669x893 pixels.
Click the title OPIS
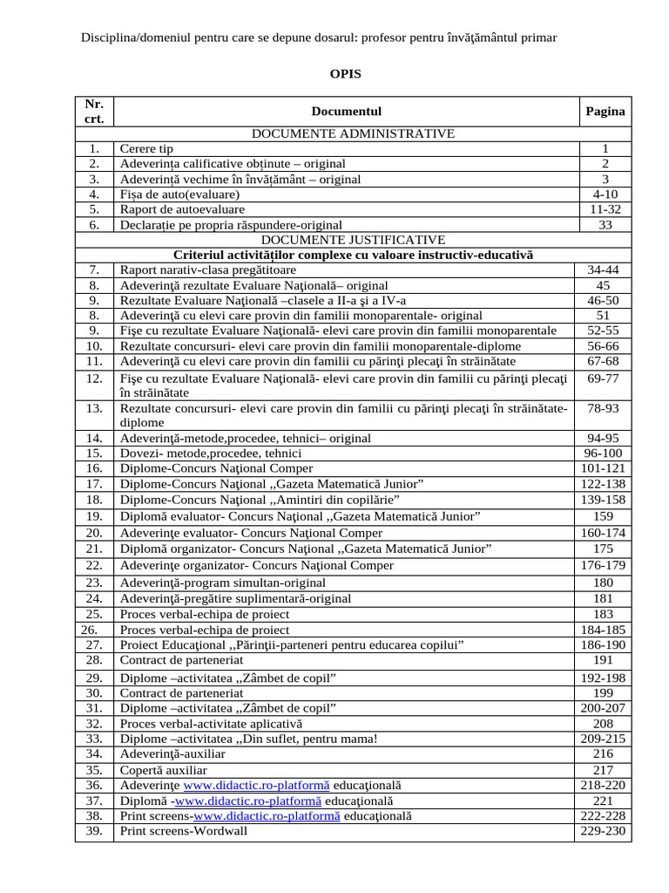pyautogui.click(x=344, y=74)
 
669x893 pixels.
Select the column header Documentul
pyautogui.click(x=346, y=111)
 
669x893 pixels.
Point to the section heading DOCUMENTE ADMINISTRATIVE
pyautogui.click(x=353, y=133)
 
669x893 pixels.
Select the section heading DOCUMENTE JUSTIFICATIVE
pyautogui.click(x=353, y=239)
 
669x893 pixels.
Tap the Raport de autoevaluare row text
pyautogui.click(x=182, y=209)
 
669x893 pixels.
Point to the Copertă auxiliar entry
pyautogui.click(x=163, y=770)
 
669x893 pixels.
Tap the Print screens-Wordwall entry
pyautogui.click(x=184, y=831)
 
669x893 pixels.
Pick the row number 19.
pyautogui.click(x=95, y=516)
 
